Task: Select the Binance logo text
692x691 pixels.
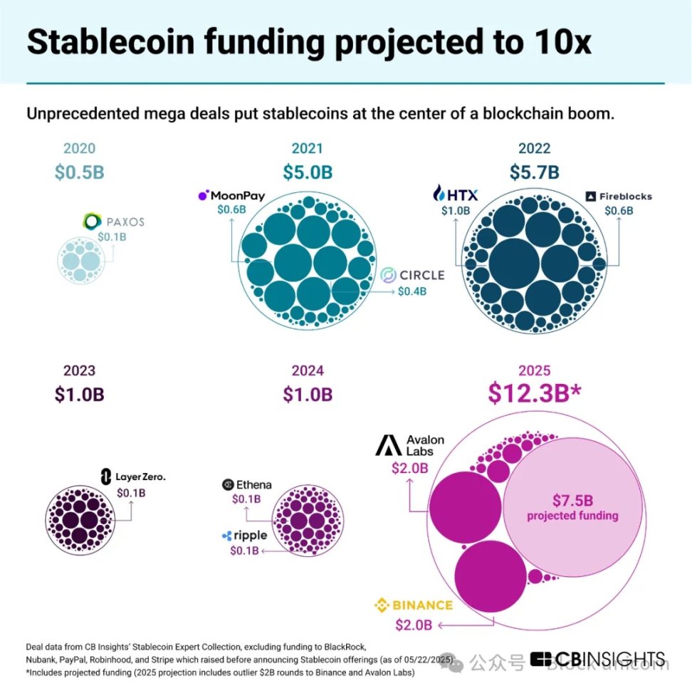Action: (x=414, y=606)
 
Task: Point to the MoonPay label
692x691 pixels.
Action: (x=232, y=194)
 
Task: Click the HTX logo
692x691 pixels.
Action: (x=456, y=194)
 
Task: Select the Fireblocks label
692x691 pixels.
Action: (x=618, y=196)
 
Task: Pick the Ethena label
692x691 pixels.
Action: (x=247, y=484)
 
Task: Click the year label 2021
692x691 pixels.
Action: (x=307, y=148)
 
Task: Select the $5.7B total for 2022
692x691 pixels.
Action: (x=534, y=172)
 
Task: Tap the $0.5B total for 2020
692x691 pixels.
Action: (x=79, y=172)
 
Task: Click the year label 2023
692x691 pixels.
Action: (x=79, y=370)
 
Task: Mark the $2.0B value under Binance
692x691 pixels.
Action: (x=414, y=625)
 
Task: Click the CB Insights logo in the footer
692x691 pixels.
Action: (x=598, y=659)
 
